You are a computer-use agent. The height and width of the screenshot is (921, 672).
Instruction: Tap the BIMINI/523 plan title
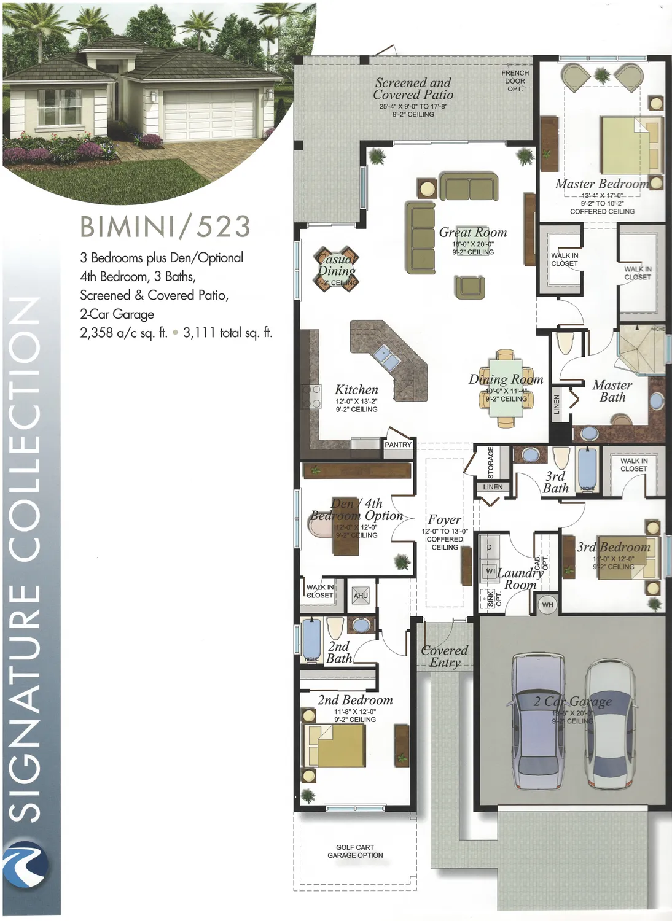(x=165, y=227)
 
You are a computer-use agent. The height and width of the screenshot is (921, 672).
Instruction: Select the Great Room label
(x=472, y=233)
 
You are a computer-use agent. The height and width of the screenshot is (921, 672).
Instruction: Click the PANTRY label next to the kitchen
(x=398, y=445)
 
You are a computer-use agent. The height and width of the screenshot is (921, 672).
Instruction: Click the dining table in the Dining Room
(x=506, y=389)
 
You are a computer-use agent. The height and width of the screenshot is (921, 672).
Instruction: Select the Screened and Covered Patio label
(x=413, y=88)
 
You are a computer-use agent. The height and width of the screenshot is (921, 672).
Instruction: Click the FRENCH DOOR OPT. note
(x=515, y=81)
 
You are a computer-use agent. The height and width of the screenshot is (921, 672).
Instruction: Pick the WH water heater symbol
(x=547, y=605)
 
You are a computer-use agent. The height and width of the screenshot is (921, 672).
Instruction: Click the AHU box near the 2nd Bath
(x=361, y=596)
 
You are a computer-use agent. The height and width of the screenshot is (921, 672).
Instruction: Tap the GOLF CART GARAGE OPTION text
(x=355, y=851)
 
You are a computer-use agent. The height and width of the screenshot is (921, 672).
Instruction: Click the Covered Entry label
(x=445, y=656)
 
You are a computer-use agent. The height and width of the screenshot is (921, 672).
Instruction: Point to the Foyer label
(x=444, y=519)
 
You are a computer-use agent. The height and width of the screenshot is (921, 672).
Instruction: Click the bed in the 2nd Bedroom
(x=335, y=745)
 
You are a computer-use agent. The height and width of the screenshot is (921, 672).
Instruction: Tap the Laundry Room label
(x=520, y=578)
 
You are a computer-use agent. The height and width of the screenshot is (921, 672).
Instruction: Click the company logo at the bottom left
(x=25, y=865)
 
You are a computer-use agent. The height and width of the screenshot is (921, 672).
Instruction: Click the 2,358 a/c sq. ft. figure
(x=123, y=333)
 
